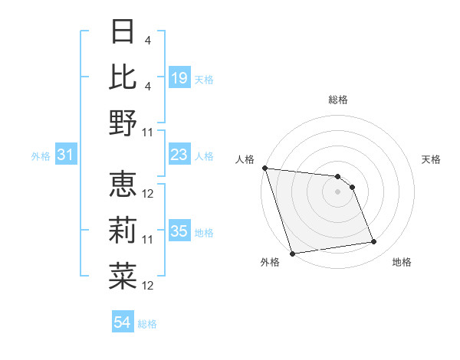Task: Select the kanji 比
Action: pos(123,77)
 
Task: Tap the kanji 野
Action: pos(123,122)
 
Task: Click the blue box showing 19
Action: pos(179,77)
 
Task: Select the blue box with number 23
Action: pos(179,155)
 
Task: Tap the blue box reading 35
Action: pos(179,232)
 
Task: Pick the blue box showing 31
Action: pos(65,155)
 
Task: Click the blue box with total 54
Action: pos(122,323)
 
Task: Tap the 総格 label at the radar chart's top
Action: pos(337,100)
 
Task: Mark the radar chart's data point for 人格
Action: pos(264,168)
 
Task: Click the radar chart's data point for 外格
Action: pos(292,253)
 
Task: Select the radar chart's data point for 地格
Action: pos(374,242)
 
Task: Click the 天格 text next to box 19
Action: pos(203,79)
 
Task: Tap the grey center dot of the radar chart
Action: pos(337,191)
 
